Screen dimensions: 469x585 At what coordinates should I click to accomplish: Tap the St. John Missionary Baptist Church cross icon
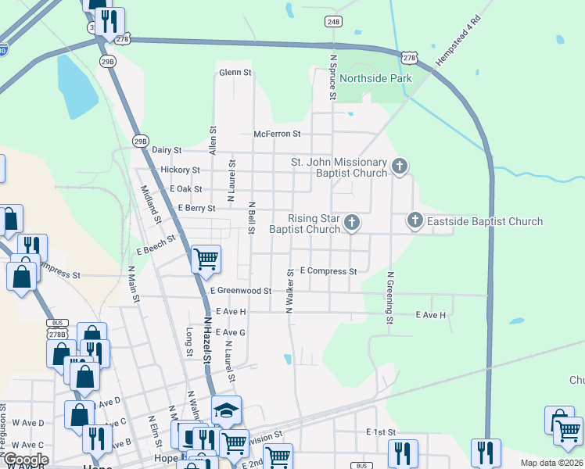coord(400,165)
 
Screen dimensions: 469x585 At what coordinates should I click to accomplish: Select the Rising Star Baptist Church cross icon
coord(352,223)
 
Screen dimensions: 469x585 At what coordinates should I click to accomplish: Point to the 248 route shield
coord(334,44)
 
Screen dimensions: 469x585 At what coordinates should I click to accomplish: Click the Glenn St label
coord(235,73)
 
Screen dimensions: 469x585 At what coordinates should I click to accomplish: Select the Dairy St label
coord(167,149)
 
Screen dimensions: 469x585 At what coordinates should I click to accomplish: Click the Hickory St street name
coord(180,170)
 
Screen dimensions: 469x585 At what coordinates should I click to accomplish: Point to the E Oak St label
coord(185,189)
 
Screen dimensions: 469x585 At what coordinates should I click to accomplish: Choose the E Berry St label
coord(196,209)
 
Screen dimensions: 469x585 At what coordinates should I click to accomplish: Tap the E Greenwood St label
coord(240,290)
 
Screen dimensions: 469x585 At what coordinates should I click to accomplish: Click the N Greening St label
coord(389,298)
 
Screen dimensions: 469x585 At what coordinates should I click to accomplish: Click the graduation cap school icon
coord(226,410)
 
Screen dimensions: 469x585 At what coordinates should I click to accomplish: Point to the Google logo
coord(25,460)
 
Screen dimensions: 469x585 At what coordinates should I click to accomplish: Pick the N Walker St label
coord(289,292)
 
